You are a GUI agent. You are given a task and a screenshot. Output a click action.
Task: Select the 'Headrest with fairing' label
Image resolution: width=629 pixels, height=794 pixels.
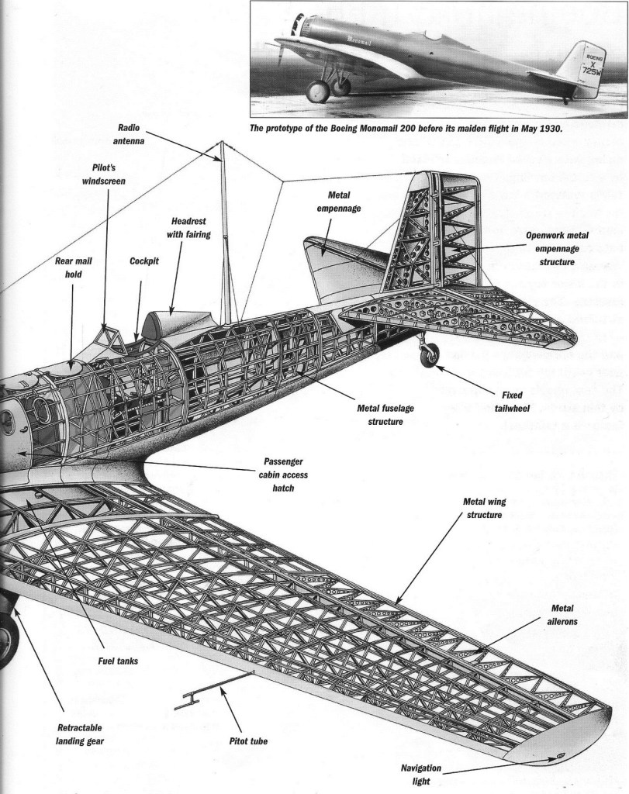(186, 228)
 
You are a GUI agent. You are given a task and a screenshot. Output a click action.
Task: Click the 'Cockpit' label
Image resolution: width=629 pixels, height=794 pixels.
(143, 261)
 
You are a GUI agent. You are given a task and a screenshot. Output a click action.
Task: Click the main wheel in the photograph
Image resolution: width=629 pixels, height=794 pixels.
(318, 91)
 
